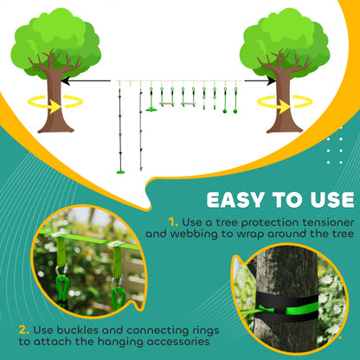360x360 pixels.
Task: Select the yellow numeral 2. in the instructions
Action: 24,329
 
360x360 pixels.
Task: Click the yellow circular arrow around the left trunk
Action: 35,102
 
